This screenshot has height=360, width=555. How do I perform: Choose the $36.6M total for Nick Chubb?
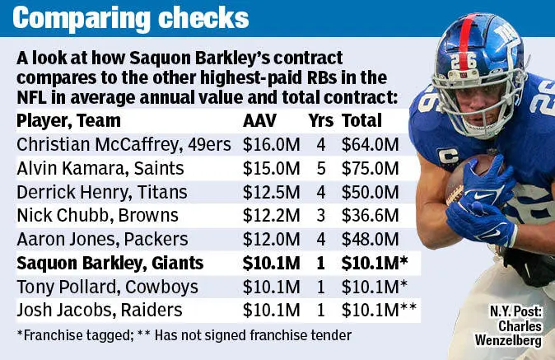370,215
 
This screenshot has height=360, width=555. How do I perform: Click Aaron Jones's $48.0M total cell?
370,239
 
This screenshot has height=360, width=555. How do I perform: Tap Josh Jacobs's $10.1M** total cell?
378,311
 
